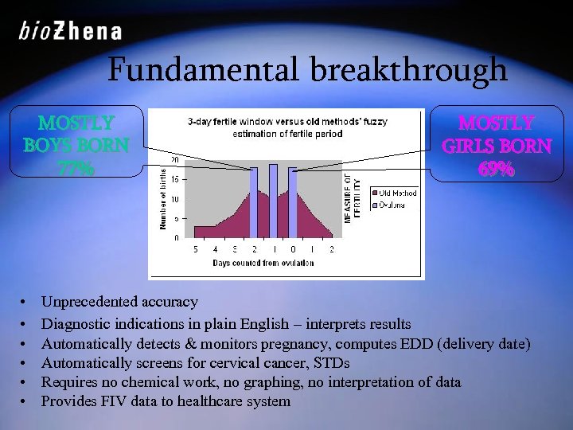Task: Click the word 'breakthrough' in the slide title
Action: (x=409, y=70)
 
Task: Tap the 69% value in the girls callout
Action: (x=495, y=170)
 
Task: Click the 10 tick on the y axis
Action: (x=173, y=199)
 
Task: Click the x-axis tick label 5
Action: (x=196, y=249)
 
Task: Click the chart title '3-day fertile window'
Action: (x=231, y=123)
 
